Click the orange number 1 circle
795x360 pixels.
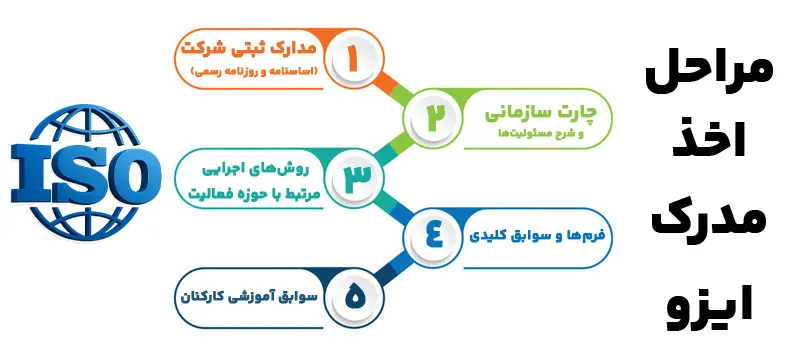(349, 59)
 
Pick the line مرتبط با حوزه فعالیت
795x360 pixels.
(261, 189)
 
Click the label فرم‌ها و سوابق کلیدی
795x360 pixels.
(536, 237)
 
